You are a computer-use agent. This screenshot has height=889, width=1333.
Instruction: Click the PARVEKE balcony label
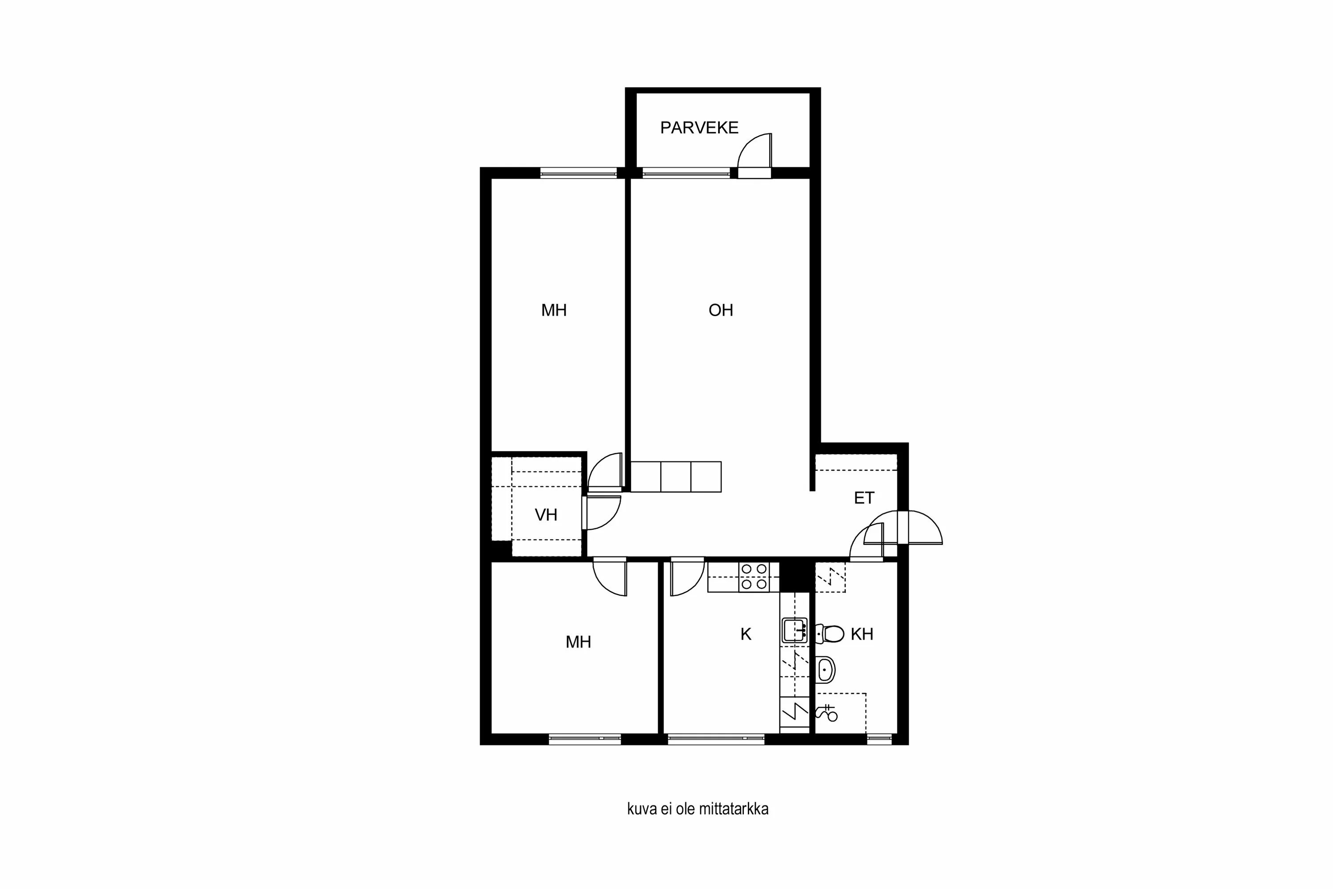pos(699,128)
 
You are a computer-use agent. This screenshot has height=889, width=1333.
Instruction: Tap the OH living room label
pos(720,310)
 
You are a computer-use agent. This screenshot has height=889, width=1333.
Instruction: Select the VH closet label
pos(546,515)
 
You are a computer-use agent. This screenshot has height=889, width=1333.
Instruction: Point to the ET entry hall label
pos(864,498)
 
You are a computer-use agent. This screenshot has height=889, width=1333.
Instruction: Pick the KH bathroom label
pos(862,634)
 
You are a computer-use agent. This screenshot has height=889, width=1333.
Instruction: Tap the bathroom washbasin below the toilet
pos(825,670)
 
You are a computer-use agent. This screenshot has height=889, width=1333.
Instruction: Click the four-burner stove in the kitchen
pos(754,576)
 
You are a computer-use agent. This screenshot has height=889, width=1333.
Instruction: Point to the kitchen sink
pos(794,630)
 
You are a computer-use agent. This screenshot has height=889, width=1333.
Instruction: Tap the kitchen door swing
pos(686,577)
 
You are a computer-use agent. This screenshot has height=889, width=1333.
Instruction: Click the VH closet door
pos(603,513)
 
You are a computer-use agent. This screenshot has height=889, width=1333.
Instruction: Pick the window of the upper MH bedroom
pos(578,172)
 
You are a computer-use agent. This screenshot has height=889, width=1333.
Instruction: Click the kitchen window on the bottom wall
pos(715,738)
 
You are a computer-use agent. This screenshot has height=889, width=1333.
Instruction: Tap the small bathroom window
pos(878,738)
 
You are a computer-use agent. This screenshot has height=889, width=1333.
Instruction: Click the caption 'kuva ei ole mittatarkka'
pos(698,809)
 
